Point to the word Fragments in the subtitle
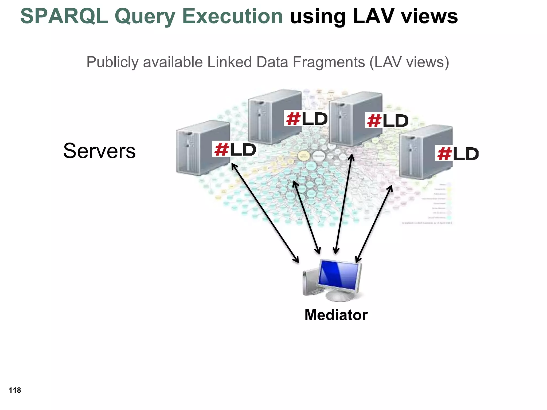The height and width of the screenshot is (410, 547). point(329,62)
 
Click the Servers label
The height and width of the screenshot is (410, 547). point(99,151)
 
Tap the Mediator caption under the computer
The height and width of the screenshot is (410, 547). point(336,315)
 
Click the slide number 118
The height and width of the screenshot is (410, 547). point(15,390)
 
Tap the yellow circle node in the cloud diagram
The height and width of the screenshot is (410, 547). point(303,156)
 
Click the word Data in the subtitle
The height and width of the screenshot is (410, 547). point(273,62)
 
